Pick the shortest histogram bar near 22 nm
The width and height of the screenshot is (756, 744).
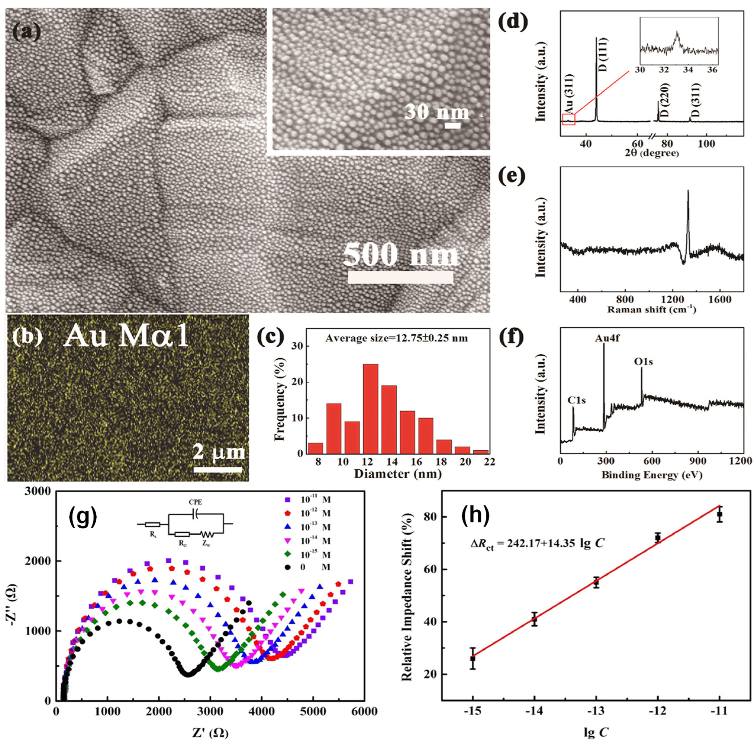(x=480, y=452)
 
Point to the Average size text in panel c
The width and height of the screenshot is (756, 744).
(x=396, y=338)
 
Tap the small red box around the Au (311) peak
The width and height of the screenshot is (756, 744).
(x=568, y=119)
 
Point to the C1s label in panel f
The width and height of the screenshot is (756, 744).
(x=576, y=400)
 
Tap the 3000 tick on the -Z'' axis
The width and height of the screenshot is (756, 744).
(x=40, y=492)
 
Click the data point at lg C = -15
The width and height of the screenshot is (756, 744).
(x=472, y=658)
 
